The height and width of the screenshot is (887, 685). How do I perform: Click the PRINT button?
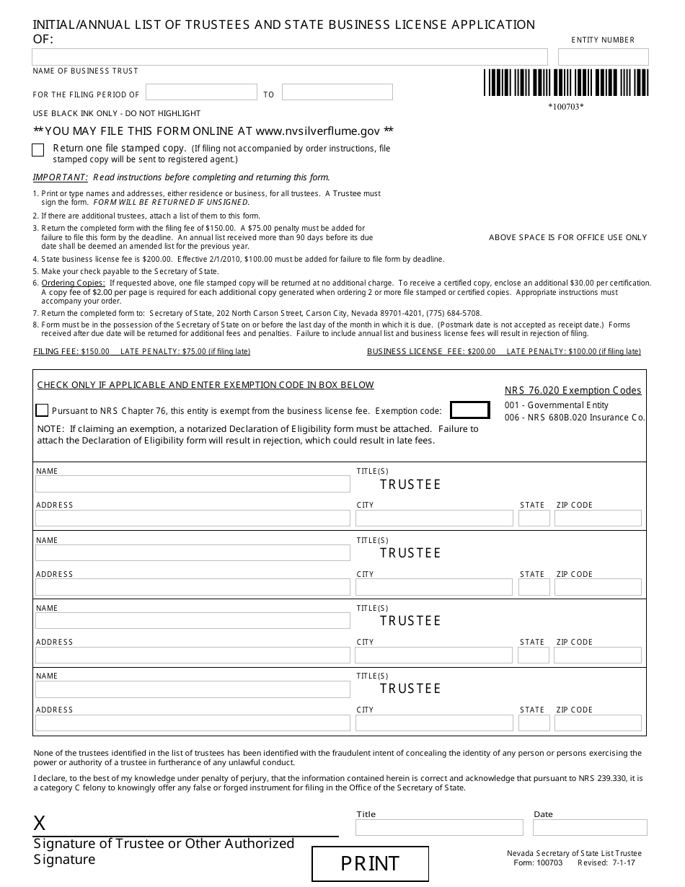[370, 863]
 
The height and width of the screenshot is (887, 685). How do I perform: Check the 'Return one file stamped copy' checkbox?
[38, 150]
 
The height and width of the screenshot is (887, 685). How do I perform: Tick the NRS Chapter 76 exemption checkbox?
[42, 410]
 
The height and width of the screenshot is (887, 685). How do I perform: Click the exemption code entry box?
[469, 410]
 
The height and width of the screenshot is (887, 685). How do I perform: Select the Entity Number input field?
[603, 57]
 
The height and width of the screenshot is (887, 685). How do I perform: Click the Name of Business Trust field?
[290, 57]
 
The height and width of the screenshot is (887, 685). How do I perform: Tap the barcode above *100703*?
[565, 83]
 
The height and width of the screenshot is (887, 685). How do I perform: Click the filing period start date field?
[201, 92]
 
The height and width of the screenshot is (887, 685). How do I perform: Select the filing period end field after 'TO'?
[337, 92]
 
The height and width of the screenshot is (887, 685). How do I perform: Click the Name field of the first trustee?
[193, 484]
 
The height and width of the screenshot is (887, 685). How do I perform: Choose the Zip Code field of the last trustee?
[597, 723]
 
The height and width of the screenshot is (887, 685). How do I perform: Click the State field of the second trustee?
[534, 587]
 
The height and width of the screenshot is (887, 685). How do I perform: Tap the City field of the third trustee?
[433, 655]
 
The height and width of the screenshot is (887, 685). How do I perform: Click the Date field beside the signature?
[590, 827]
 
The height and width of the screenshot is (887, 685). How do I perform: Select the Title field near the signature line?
[439, 827]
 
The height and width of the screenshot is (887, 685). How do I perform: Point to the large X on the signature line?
[40, 824]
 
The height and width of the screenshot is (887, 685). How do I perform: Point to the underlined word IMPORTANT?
[61, 177]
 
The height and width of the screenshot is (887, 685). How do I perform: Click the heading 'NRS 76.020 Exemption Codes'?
[573, 390]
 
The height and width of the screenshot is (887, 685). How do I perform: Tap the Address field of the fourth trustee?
[193, 723]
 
